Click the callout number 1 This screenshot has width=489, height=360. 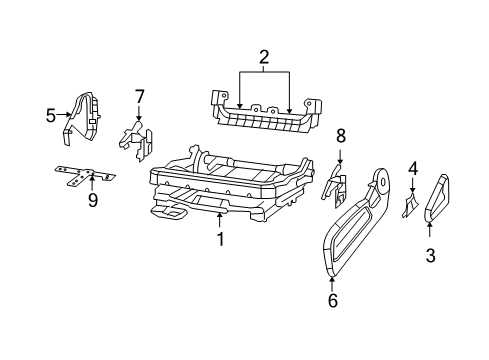click(x=220, y=240)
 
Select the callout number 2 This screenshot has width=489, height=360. click(x=264, y=58)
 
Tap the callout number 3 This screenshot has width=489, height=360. click(x=430, y=255)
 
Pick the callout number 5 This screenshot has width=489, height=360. click(x=51, y=115)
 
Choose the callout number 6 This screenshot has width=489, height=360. click(x=333, y=299)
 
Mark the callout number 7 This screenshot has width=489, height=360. click(x=139, y=96)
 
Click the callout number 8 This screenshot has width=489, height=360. click(x=340, y=134)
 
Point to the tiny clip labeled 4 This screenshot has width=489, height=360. click(x=409, y=206)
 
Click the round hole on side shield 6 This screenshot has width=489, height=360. click(x=382, y=180)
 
